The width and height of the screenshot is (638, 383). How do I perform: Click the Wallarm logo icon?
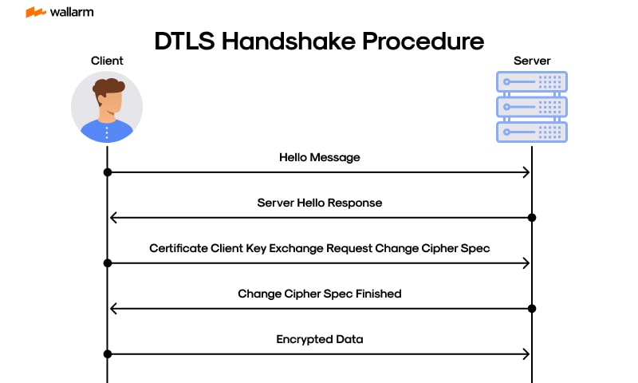pos(35,13)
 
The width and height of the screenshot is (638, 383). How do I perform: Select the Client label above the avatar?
pos(107,61)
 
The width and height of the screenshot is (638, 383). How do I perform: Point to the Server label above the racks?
pos(531,61)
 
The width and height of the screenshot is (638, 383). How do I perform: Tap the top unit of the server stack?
pos(531,82)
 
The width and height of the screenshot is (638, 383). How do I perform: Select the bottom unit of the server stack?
pos(531,132)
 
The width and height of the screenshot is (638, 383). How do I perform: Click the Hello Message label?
pos(319,158)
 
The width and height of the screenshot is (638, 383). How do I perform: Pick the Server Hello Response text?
pos(319,203)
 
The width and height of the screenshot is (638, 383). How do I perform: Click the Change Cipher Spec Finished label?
pos(319,294)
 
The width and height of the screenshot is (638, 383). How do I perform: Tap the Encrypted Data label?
pos(319,340)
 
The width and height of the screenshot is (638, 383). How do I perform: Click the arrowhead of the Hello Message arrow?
pos(526,172)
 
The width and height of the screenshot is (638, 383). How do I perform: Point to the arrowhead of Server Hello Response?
pos(112,218)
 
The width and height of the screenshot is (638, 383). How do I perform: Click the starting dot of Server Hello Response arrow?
pos(531,218)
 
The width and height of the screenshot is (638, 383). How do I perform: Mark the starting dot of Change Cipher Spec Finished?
pos(531,309)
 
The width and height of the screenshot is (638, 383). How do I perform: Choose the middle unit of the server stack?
pos(531,107)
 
